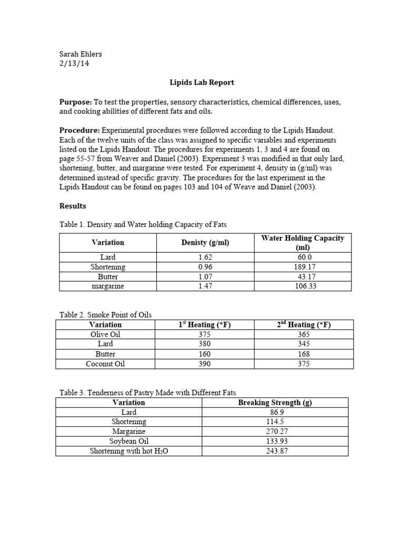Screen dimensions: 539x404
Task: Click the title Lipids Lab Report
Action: (201, 83)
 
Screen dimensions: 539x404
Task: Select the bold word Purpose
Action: (75, 102)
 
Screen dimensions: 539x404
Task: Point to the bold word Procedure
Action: (79, 129)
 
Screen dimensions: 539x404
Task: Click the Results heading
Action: (73, 206)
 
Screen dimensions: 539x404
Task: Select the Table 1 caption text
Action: (143, 225)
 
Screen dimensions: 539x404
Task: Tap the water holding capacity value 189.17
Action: (302, 267)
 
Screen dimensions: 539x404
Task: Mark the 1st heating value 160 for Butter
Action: (205, 354)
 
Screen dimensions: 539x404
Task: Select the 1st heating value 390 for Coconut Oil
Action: (205, 364)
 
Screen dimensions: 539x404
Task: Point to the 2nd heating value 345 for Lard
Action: (304, 344)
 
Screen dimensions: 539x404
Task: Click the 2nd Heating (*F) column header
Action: (304, 325)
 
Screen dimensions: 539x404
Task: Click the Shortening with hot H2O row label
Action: (129, 451)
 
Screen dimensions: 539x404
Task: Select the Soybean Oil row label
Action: (129, 441)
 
